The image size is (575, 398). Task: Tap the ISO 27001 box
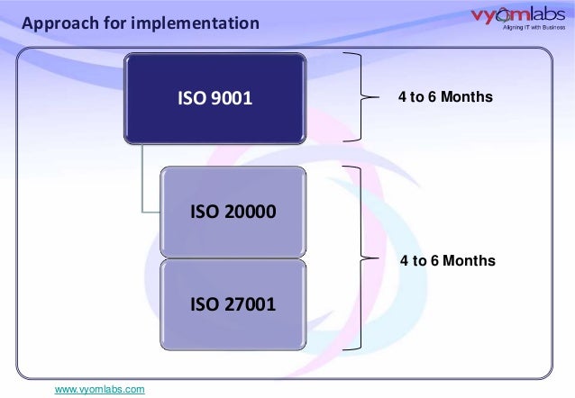pos(233,304)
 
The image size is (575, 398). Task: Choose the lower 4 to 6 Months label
pos(447,261)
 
